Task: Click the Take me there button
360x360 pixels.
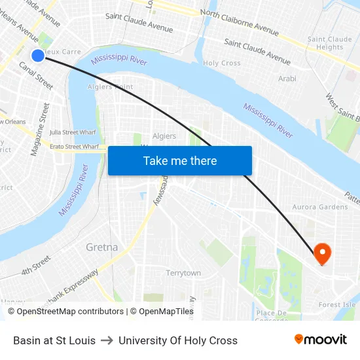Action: [179, 160]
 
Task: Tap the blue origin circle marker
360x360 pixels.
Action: [38, 56]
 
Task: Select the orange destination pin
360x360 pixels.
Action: [323, 253]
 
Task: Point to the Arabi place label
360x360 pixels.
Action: [287, 79]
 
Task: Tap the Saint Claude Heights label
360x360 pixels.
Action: [329, 43]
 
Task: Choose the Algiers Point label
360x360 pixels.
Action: [110, 86]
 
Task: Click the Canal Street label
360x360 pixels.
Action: [36, 75]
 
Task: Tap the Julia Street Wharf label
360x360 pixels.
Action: [73, 132]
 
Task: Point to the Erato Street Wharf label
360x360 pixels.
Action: [74, 147]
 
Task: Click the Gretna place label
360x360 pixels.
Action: [102, 247]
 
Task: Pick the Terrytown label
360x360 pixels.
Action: [183, 273]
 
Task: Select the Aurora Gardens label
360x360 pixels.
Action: [320, 207]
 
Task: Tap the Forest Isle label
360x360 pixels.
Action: [337, 304]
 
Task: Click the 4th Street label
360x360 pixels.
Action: [35, 265]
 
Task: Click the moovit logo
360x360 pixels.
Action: [320, 340]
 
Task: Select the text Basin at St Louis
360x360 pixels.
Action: [54, 340]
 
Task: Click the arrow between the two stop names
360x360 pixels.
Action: [107, 340]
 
